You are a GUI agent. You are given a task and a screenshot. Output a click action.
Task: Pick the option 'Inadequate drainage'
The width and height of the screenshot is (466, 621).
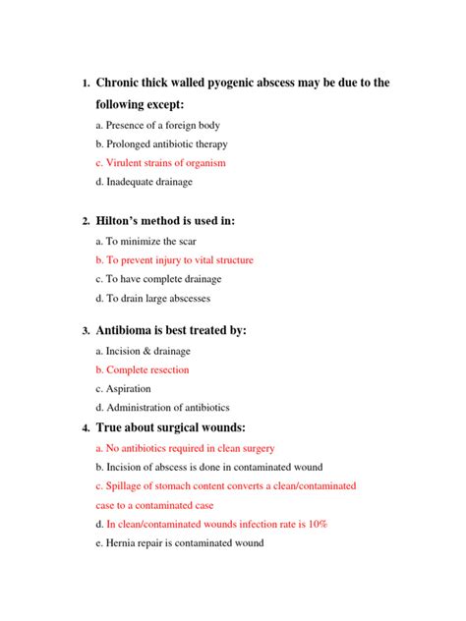[144, 182]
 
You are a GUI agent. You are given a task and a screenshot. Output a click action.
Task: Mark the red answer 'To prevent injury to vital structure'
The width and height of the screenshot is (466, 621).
[174, 260]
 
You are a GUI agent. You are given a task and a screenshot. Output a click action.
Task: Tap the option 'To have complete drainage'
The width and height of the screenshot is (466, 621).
[156, 279]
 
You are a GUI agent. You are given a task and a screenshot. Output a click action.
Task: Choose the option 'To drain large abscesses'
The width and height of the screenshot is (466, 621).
[152, 298]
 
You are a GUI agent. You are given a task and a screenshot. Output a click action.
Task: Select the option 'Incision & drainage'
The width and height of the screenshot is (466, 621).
[143, 351]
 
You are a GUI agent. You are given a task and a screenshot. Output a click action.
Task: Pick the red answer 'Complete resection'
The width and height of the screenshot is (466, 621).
[142, 370]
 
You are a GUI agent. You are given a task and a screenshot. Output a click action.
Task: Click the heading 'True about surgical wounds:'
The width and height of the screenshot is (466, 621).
[177, 428]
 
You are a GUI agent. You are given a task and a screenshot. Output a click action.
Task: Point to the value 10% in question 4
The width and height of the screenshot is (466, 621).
[315, 524]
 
